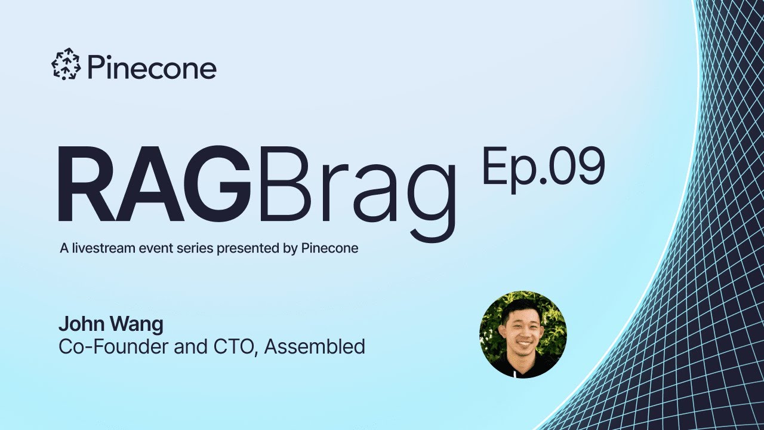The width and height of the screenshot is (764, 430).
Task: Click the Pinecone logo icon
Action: pos(66,65)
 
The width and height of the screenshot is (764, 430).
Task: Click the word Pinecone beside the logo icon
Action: pos(152,67)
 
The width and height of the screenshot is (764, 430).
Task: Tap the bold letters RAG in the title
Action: pos(154,185)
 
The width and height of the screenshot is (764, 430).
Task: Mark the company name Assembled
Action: pos(315,346)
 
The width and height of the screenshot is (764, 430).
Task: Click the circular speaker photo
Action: pos(522,334)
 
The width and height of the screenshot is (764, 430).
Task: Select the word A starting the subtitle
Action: pos(64,248)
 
